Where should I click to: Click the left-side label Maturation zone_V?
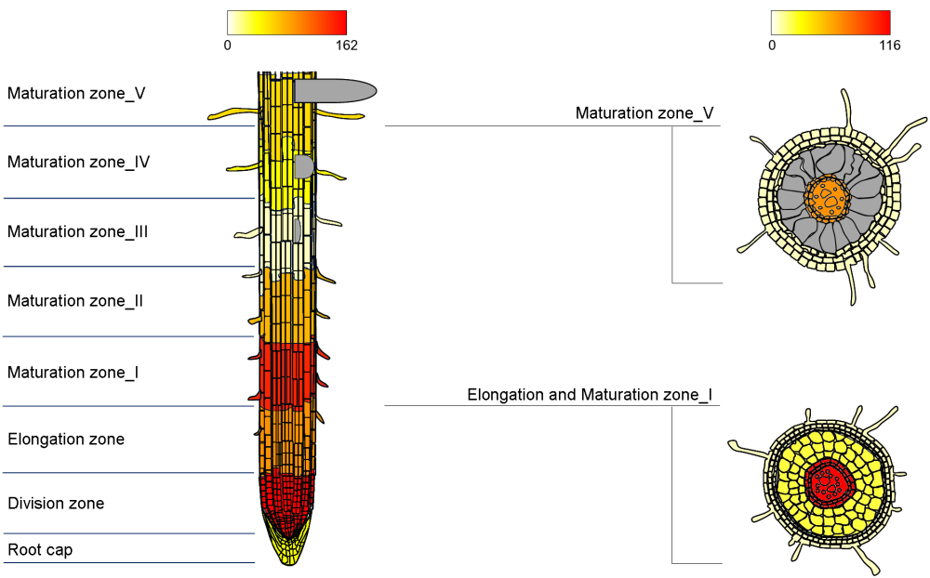(x=75, y=94)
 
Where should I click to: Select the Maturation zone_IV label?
(x=78, y=162)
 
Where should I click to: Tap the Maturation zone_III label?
(x=77, y=231)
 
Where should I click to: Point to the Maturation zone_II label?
(x=74, y=301)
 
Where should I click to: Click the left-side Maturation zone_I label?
(x=73, y=373)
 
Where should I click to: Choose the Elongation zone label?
(x=66, y=439)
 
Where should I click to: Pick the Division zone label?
(x=56, y=504)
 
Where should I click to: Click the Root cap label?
(x=40, y=550)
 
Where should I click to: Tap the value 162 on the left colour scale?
(x=346, y=45)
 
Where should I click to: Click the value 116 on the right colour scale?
(x=889, y=45)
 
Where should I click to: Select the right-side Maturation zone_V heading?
(x=644, y=113)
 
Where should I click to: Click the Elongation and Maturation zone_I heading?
(x=590, y=395)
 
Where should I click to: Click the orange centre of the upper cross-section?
(x=827, y=196)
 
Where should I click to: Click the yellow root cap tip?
(x=290, y=553)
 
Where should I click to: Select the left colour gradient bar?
(x=286, y=22)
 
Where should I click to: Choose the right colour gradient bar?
(x=830, y=22)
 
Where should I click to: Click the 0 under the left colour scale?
(x=228, y=45)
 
